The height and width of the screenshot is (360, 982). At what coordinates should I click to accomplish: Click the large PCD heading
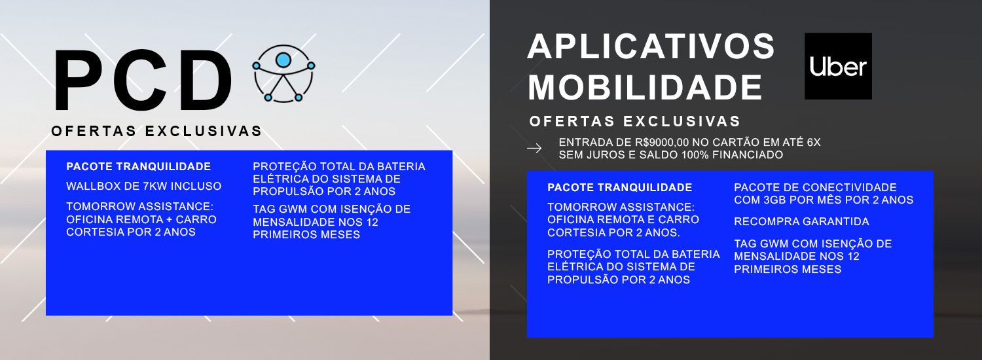click(x=143, y=81)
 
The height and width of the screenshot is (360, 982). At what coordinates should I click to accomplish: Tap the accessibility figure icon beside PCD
click(x=283, y=74)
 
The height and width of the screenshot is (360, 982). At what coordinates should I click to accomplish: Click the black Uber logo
click(x=838, y=66)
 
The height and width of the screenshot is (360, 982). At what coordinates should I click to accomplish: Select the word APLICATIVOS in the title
click(x=651, y=46)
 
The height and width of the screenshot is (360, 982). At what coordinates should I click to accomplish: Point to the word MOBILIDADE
click(x=645, y=88)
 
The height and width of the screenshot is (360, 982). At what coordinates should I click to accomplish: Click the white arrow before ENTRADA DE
click(x=534, y=149)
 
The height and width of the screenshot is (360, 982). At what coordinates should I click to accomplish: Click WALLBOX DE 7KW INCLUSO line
click(x=144, y=187)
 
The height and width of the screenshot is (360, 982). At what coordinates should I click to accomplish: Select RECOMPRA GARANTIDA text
click(x=801, y=221)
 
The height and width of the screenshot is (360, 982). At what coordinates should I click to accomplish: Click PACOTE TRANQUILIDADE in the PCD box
click(x=139, y=167)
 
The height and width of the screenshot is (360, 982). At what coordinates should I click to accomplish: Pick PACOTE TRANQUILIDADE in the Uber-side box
click(x=619, y=188)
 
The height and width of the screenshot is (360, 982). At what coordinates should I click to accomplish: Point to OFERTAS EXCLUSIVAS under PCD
click(x=156, y=131)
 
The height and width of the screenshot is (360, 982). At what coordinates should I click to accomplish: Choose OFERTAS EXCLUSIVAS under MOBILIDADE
click(x=635, y=121)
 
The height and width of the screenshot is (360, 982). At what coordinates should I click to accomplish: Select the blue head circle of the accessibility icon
click(x=283, y=60)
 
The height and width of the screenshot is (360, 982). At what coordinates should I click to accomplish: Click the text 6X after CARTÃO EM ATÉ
click(x=813, y=143)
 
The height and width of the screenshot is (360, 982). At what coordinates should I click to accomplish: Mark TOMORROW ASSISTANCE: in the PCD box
click(x=140, y=207)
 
